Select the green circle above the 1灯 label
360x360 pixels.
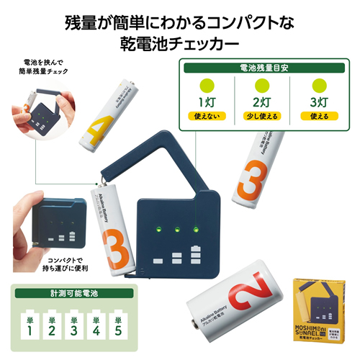(207, 85)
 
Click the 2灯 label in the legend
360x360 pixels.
(262, 102)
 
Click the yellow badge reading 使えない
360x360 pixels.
(207, 117)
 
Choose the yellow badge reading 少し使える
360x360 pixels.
(262, 117)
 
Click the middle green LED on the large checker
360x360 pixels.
(176, 230)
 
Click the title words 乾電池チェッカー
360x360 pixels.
(180, 43)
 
